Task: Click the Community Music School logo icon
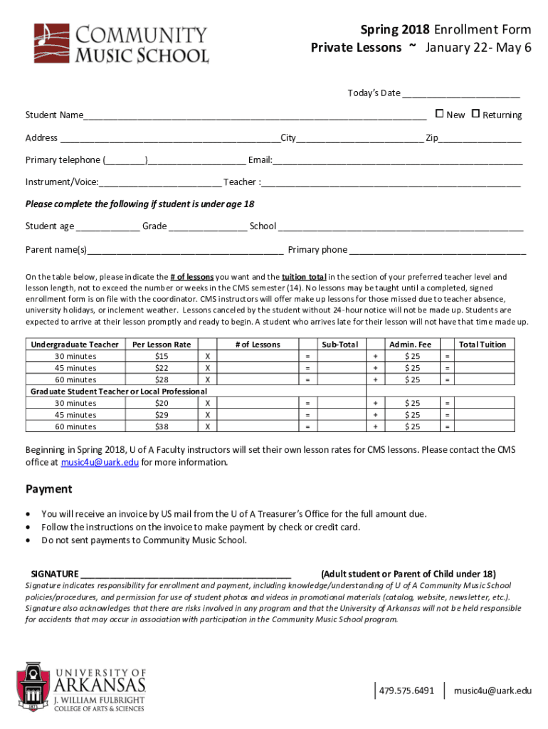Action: click(52, 43)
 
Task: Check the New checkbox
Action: click(439, 114)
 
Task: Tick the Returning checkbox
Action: click(476, 114)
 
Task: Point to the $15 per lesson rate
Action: click(162, 356)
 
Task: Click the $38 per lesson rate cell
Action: click(162, 426)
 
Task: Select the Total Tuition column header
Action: click(482, 345)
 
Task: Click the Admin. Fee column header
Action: click(409, 345)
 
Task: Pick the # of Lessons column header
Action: click(258, 345)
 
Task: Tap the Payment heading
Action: click(49, 489)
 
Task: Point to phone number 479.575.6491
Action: click(406, 691)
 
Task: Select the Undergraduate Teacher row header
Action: click(75, 345)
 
